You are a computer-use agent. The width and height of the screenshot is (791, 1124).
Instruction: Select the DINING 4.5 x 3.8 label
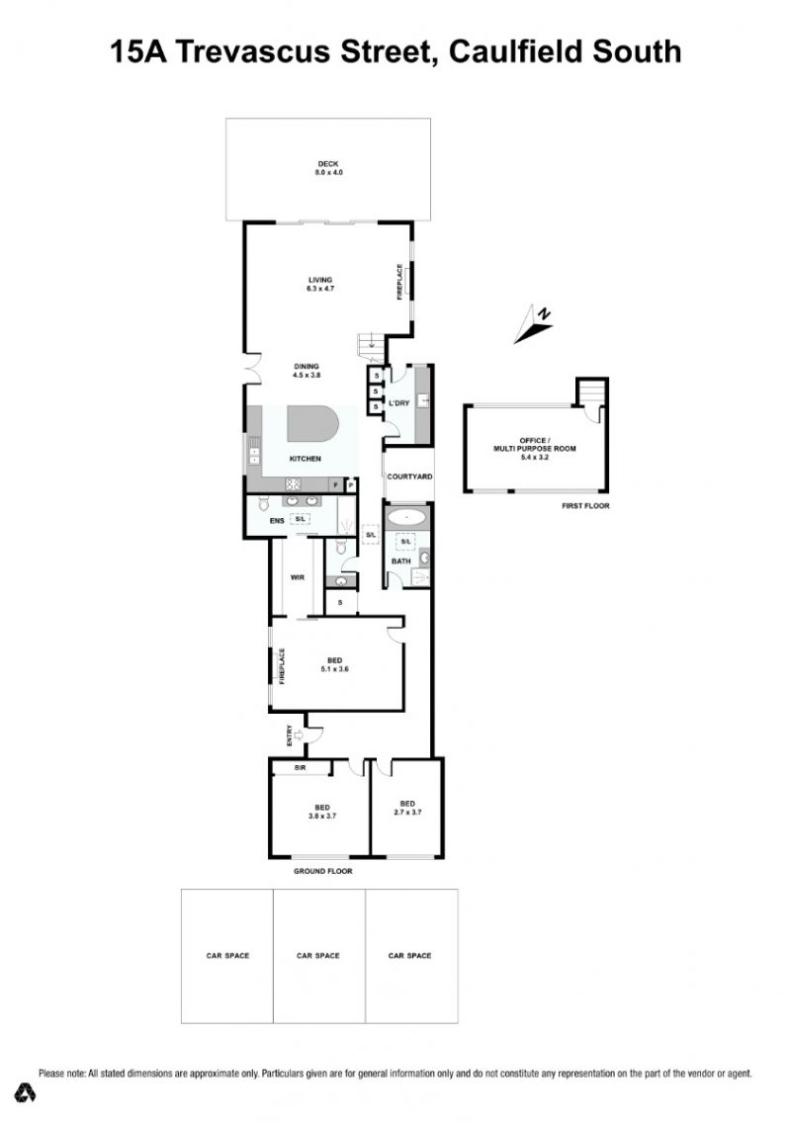[x=307, y=371]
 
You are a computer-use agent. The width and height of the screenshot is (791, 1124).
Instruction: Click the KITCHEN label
[x=305, y=459]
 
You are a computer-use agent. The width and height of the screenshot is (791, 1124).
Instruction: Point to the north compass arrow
[x=534, y=324]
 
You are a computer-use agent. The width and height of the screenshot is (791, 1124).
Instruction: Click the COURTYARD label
[x=409, y=476]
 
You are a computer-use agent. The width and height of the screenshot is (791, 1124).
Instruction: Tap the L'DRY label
[x=398, y=403]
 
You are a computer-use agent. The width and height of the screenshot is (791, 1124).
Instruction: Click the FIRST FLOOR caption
[x=585, y=506]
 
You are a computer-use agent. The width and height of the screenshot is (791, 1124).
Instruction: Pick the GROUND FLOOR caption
[x=322, y=871]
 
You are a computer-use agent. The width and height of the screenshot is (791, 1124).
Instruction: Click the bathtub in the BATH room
[x=406, y=516]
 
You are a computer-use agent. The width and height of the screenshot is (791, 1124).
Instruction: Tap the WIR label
[x=298, y=577]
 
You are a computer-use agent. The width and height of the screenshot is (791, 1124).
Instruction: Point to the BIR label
[x=300, y=767]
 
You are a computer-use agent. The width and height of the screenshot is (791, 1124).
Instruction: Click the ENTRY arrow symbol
[x=299, y=735]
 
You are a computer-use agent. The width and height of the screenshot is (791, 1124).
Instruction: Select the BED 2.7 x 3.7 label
[x=407, y=808]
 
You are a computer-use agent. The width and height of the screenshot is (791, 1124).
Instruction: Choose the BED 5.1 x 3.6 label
[x=334, y=664]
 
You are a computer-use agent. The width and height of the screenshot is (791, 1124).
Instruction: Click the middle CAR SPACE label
[x=317, y=956]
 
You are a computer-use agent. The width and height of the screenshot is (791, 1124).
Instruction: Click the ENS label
[x=277, y=520]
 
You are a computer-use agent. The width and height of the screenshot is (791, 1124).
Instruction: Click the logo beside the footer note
[x=27, y=1091]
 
